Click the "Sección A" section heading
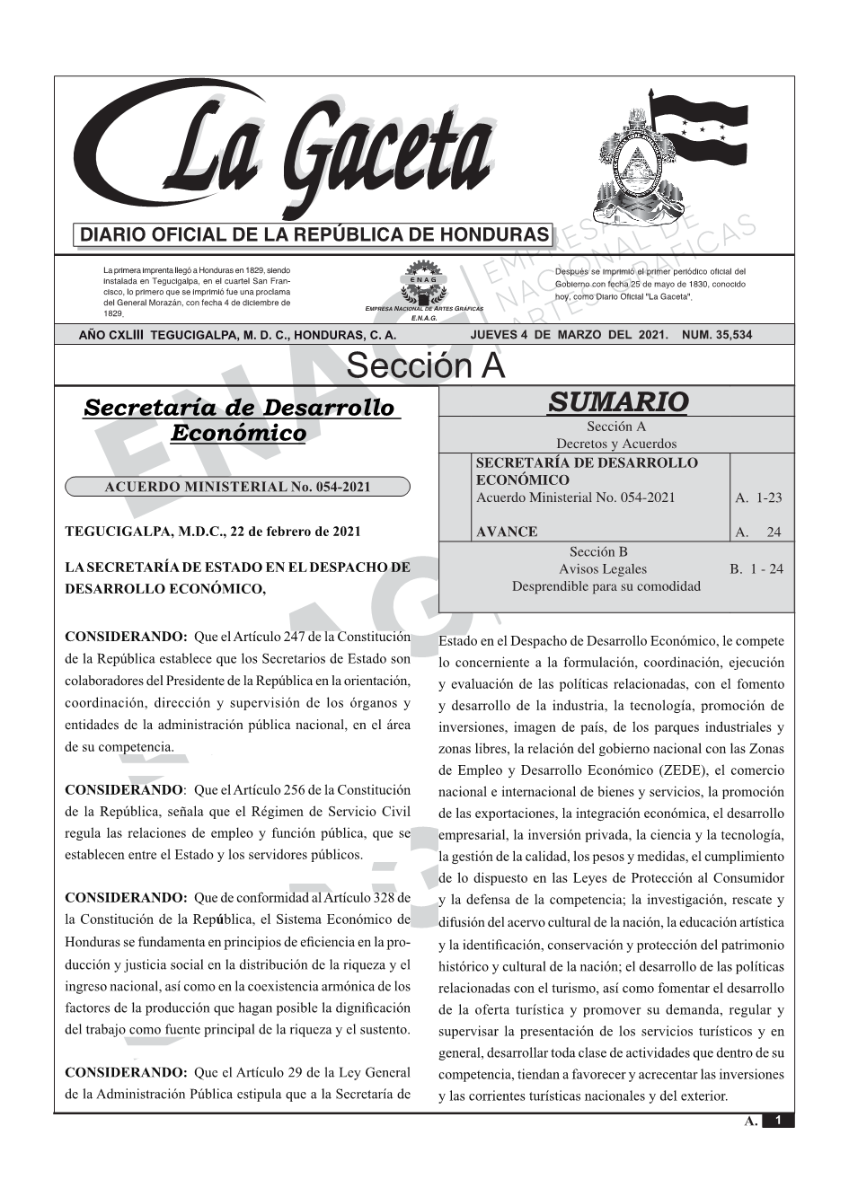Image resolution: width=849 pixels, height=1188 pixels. tap(425, 366)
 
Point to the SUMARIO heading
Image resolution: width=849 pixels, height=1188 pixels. tap(616, 401)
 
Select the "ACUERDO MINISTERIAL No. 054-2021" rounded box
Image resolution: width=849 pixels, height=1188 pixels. tap(237, 487)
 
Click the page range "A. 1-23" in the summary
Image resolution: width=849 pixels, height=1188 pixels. tap(758, 497)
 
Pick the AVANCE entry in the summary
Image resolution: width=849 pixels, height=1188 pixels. tap(507, 532)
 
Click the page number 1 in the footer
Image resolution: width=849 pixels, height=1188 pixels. tap(778, 1121)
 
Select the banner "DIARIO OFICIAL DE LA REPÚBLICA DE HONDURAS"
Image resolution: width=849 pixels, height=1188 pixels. tap(314, 235)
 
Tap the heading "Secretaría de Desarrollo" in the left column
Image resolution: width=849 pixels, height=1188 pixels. tap(238, 408)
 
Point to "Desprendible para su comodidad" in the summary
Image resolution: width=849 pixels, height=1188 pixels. tap(606, 586)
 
